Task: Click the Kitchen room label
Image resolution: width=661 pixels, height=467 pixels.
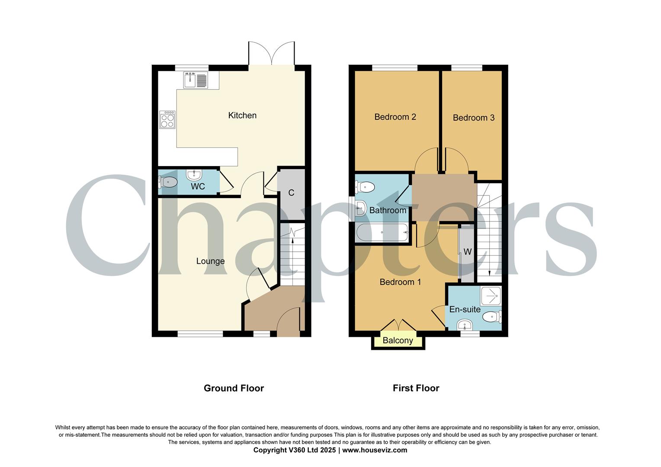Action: tap(242, 115)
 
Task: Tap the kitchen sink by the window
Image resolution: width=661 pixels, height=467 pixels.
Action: tap(196, 80)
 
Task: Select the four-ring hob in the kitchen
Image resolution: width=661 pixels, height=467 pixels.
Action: tap(167, 119)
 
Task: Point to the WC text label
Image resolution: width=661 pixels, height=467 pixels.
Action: tap(198, 187)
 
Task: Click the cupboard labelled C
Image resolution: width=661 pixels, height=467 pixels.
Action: tap(291, 193)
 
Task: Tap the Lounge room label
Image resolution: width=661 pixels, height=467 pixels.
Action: tap(210, 261)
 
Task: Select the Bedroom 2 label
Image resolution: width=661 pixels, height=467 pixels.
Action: tap(395, 117)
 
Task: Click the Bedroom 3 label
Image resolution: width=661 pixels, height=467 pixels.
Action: tap(473, 118)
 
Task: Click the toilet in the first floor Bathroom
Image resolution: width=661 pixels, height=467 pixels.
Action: tap(364, 187)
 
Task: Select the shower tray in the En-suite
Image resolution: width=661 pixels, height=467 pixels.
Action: tap(491, 296)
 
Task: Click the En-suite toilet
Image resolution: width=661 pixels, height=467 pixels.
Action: tap(492, 317)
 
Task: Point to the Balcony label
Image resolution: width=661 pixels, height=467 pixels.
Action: tap(398, 341)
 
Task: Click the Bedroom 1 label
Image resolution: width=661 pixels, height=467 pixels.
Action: tap(400, 282)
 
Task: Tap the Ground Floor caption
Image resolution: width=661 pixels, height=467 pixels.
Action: tap(234, 388)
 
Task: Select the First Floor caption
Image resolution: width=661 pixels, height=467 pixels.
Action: tap(416, 388)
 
